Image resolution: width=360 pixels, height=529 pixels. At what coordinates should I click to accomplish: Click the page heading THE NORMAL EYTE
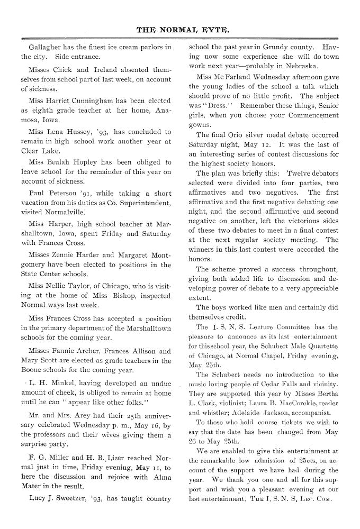pos(180,30)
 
